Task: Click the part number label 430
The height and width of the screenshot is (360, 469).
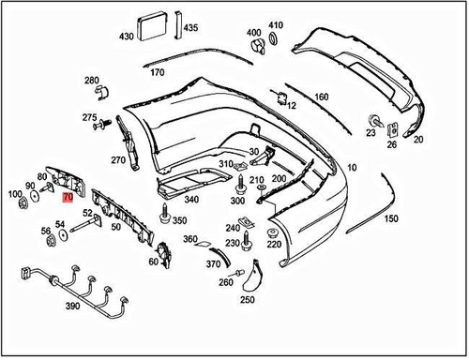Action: [x=126, y=37]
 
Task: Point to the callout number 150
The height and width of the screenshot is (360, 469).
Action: [x=391, y=218]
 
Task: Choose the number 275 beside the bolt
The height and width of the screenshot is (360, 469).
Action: [x=89, y=117]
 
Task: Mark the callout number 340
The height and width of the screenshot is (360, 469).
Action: [x=191, y=199]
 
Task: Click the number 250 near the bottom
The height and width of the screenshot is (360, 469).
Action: [x=247, y=300]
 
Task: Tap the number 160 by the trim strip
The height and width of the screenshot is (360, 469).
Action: [x=321, y=97]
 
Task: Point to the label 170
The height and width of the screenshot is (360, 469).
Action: [x=158, y=72]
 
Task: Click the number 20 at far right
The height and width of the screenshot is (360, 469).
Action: [x=418, y=139]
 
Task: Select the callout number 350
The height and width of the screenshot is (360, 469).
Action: [x=179, y=220]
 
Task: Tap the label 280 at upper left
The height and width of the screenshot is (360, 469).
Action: [x=91, y=82]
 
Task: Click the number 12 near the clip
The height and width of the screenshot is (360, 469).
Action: [x=292, y=106]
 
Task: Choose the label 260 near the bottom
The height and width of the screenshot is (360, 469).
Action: [x=226, y=282]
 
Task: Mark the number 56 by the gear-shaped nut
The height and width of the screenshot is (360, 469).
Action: [x=45, y=230]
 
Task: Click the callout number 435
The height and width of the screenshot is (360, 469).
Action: [x=190, y=28]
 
